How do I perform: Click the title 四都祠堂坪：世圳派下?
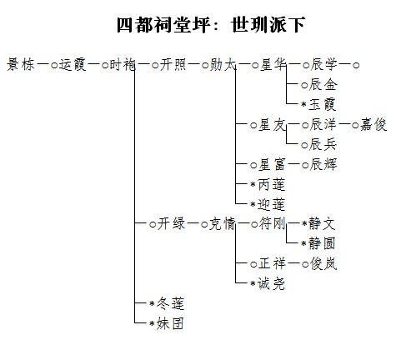(211, 25)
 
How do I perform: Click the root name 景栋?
(21, 65)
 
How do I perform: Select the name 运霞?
(73, 65)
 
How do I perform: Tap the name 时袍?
(123, 65)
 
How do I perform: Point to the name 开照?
(173, 65)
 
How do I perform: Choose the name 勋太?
(223, 65)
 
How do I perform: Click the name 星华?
(273, 65)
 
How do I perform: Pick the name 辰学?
(323, 65)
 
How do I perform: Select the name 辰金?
(323, 84)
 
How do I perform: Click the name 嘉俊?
(373, 124)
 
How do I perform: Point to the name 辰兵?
(323, 144)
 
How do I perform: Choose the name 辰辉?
(323, 164)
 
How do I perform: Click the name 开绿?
(171, 223)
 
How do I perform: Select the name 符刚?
(273, 223)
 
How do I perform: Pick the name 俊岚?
(323, 263)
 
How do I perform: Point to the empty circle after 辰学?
(356, 66)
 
